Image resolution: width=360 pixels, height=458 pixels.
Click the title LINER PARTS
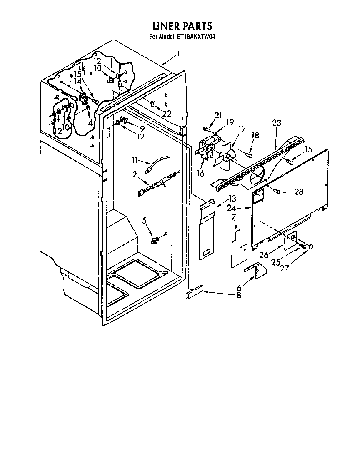(182, 27)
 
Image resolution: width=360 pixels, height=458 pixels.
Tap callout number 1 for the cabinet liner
(178, 53)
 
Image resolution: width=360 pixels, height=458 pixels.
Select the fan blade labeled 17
(227, 156)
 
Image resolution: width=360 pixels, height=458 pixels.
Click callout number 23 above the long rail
(277, 123)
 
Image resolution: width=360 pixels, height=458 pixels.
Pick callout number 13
(232, 198)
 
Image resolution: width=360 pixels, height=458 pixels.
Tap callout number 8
(238, 296)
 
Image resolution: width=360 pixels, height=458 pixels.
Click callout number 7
(233, 217)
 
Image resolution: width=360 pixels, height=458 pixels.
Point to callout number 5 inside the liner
(144, 221)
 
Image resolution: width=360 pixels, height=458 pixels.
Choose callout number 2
(135, 175)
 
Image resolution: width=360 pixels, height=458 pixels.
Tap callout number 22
(166, 114)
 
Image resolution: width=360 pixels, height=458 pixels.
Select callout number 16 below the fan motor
(201, 173)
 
